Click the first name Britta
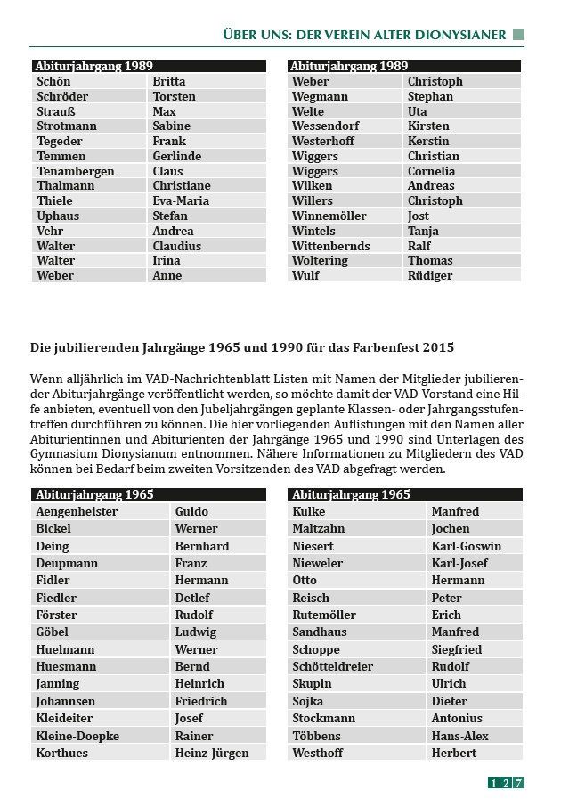(169, 82)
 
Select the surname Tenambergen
(75, 171)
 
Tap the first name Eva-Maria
(181, 201)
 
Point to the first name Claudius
(176, 246)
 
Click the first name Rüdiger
(430, 276)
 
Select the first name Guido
(191, 512)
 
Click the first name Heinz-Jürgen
(213, 754)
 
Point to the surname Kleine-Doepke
(77, 737)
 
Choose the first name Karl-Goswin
(466, 547)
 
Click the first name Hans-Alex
(459, 737)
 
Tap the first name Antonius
(457, 719)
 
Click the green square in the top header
(518, 35)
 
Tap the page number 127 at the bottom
(506, 783)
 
